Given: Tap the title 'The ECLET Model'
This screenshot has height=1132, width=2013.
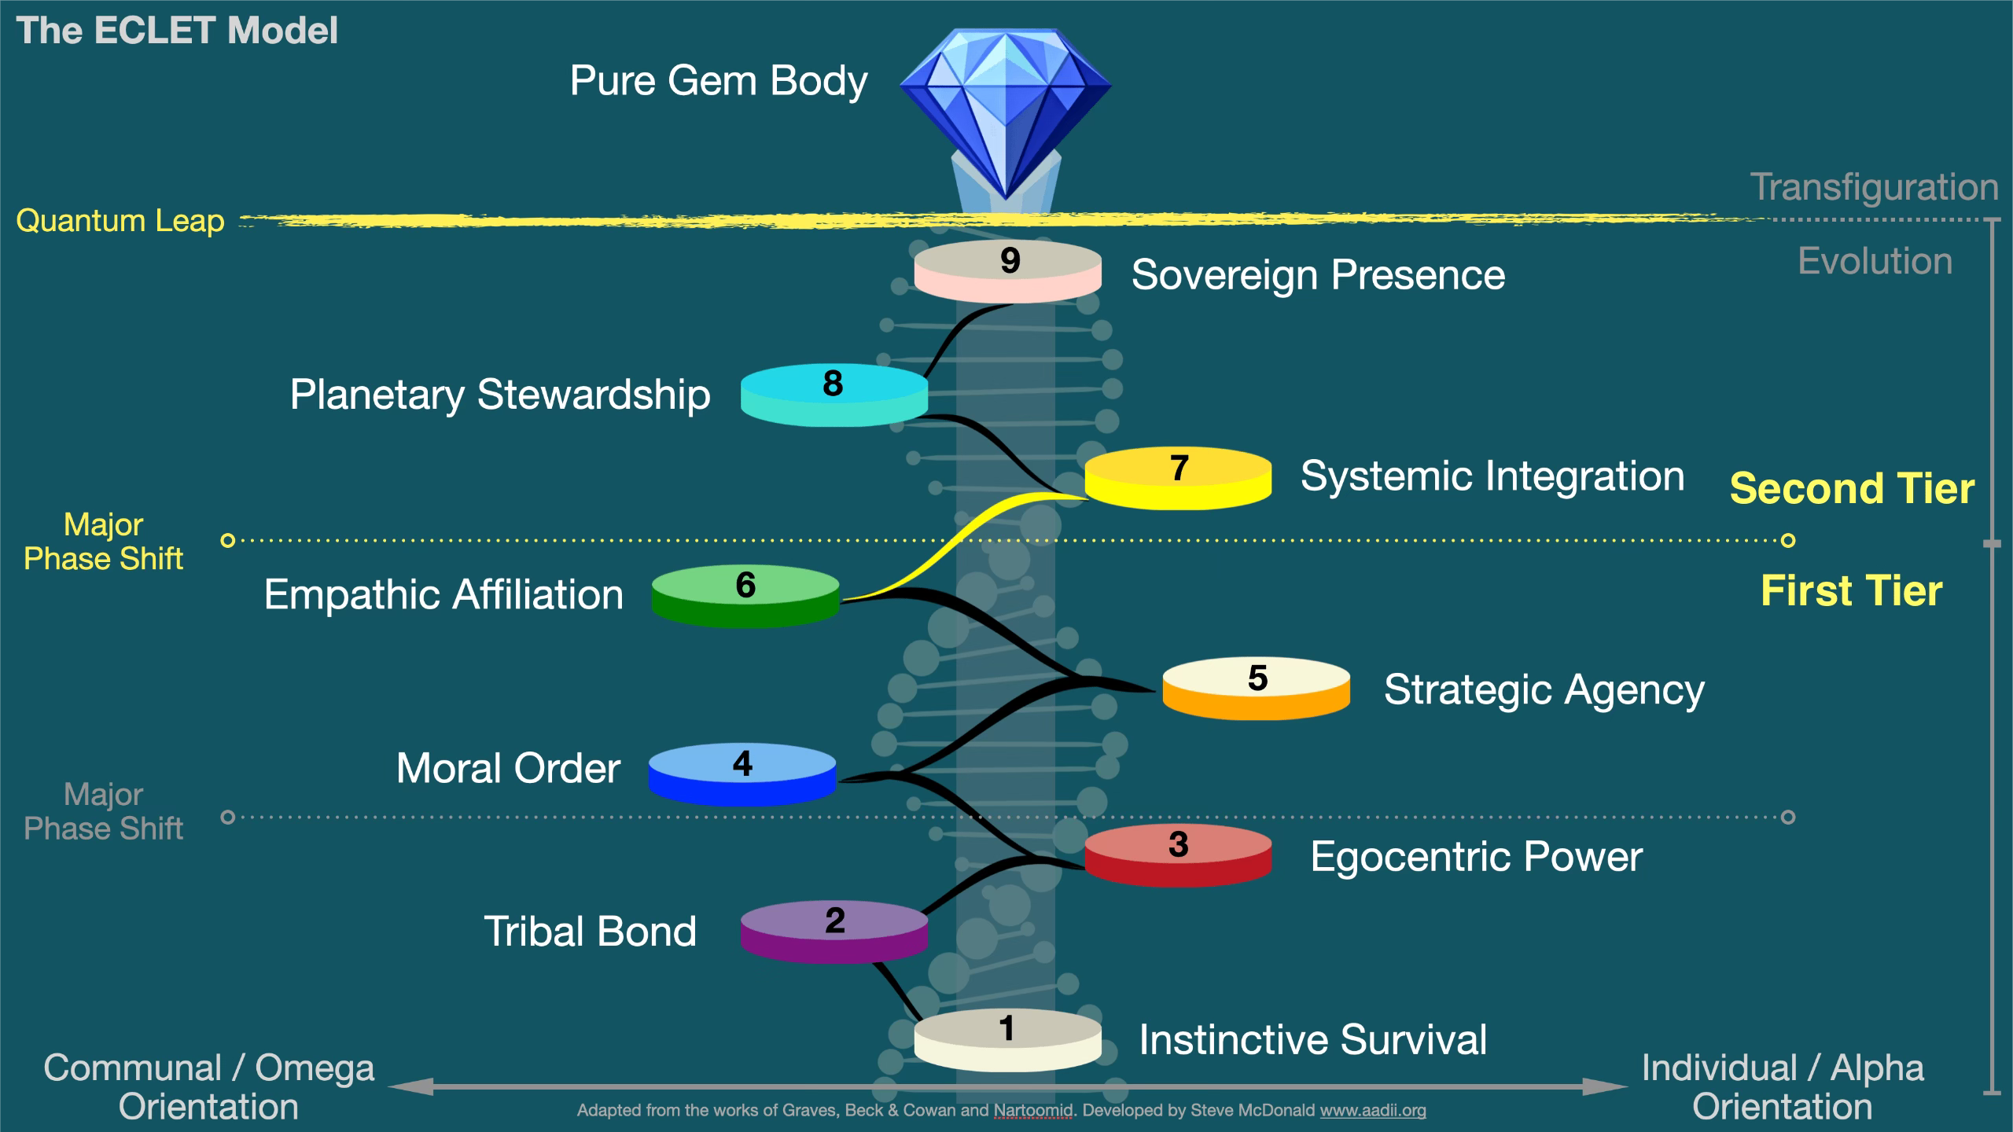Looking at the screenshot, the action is coord(177,31).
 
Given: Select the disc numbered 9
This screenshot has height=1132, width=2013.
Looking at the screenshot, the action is coord(1007,271).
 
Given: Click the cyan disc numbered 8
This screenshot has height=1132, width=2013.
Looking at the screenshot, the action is coord(834,395).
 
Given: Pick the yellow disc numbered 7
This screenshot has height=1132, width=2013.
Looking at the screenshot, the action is coord(1178,478).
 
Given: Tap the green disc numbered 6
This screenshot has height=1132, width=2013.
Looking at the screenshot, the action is coord(745,596).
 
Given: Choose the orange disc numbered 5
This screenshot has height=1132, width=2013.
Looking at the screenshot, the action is coord(1257,688).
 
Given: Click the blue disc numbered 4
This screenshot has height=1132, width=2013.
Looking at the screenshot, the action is coord(742,774).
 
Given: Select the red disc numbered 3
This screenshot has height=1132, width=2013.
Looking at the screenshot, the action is coord(1178,855).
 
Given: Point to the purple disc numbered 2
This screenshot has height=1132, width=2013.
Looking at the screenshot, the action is coord(834,932).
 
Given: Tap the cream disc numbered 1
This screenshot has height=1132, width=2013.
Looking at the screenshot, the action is coord(1007,1040).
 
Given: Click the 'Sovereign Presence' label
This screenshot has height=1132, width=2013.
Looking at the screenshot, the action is coord(1318,275).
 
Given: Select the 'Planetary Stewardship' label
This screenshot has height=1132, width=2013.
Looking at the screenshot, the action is coord(500,395).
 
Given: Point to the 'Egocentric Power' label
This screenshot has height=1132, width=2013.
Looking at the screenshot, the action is coord(1477,856).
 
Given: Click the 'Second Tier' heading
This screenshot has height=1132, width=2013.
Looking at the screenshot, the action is coord(1852,488).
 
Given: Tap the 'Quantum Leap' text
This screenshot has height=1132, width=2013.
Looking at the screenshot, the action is coord(120,221).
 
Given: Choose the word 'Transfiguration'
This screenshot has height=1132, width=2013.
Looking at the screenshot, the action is coord(1875,187).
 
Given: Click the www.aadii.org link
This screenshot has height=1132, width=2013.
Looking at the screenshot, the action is coord(1373,1110).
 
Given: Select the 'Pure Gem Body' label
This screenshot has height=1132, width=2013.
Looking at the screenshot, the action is coord(719,81).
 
